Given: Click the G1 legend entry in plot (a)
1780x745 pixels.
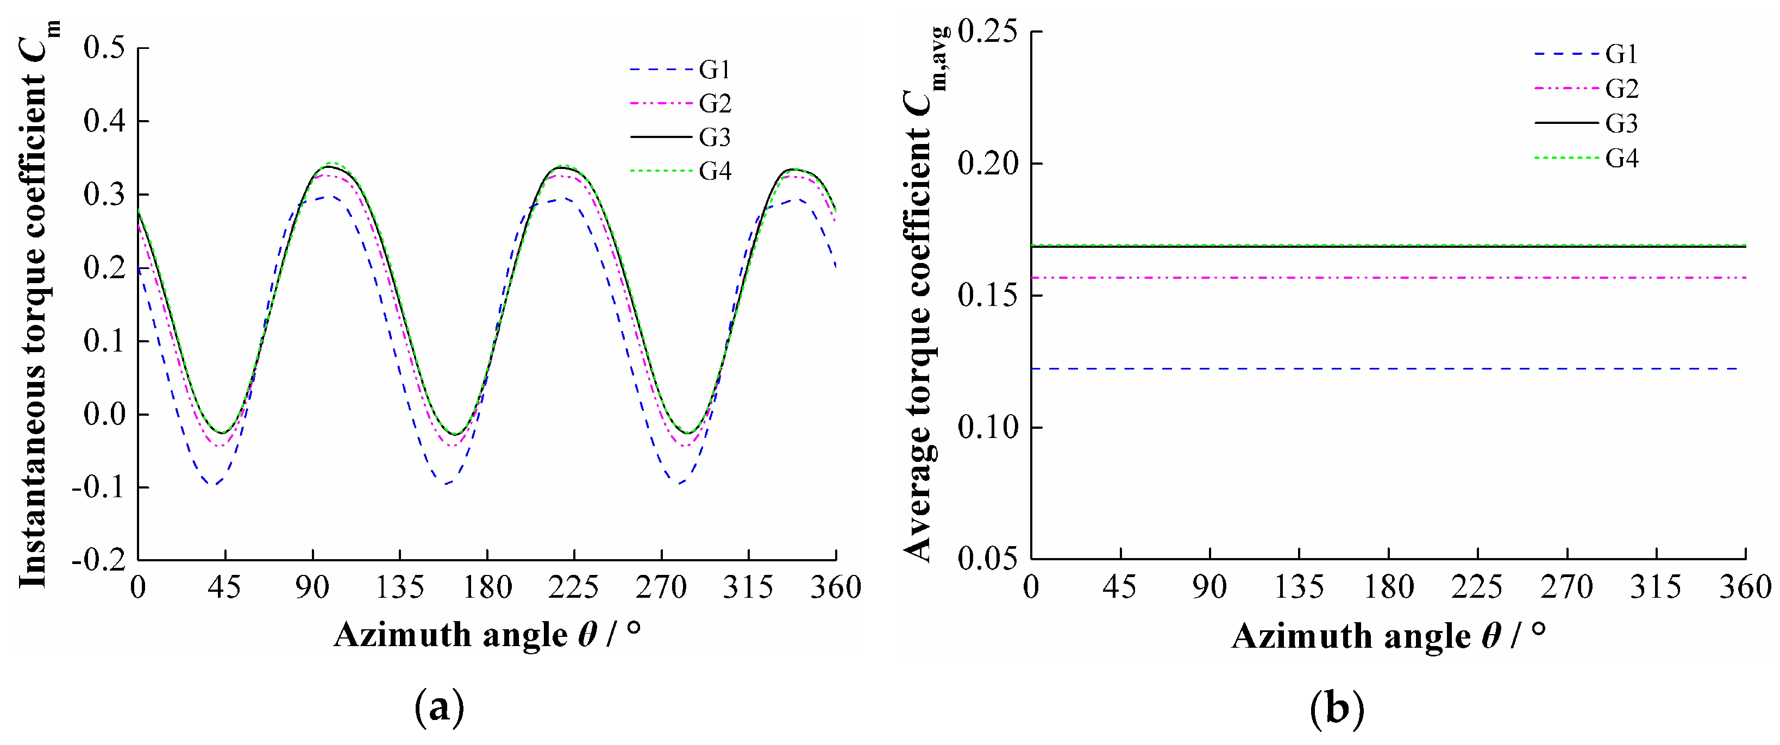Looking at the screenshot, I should point(714,70).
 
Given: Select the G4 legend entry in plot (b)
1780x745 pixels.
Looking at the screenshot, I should point(1621,158).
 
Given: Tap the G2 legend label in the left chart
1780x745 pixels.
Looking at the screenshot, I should point(714,104).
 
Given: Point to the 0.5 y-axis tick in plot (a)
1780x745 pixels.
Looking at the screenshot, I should point(104,48).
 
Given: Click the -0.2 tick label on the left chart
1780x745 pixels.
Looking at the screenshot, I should point(99,560).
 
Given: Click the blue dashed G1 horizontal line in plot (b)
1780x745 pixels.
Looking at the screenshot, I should point(1382,369).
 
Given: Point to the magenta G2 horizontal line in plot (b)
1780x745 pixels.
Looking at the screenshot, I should point(1382,278).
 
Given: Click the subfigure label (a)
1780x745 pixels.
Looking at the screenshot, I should point(439,709).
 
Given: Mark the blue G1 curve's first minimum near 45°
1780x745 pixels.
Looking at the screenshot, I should point(216,484).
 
